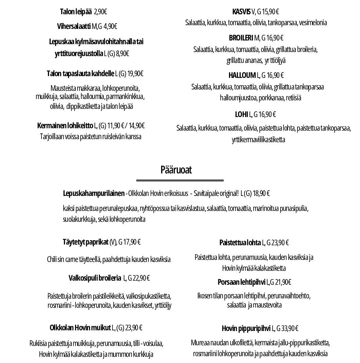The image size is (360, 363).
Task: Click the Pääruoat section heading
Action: coord(176,170)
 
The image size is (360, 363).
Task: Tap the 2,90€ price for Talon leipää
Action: coord(100,12)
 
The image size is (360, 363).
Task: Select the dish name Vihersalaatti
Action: coord(74,26)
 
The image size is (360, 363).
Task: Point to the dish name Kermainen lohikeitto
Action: coord(65,126)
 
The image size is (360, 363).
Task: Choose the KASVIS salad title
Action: coord(241,12)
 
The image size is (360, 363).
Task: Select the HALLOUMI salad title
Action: coord(242,75)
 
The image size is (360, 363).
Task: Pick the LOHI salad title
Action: coord(241,114)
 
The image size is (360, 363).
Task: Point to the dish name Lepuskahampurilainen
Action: coord(93,194)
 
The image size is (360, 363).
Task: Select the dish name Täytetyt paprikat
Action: coord(85,242)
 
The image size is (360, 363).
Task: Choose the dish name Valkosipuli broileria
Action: coord(95,278)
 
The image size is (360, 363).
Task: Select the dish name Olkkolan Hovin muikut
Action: coord(80,328)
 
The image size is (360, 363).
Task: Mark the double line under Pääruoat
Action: coord(180,180)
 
